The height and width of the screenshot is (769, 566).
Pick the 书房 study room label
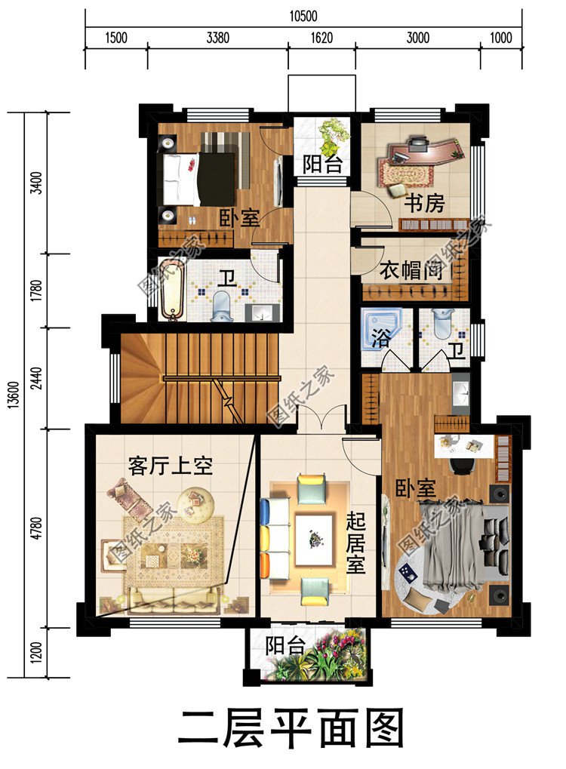pos(423,204)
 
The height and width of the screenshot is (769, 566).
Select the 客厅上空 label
pos(170,466)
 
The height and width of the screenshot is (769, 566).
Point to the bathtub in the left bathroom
pos(171,290)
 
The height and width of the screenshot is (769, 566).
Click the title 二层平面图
pos(291,728)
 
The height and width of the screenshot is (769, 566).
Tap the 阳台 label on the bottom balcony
pos(285,646)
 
